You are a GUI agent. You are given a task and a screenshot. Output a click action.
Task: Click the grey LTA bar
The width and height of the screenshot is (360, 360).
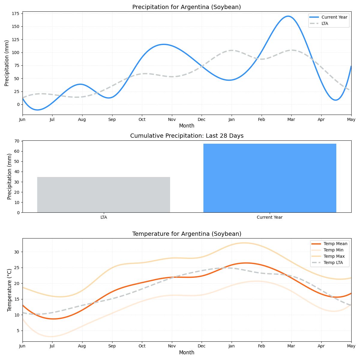tap(103, 195)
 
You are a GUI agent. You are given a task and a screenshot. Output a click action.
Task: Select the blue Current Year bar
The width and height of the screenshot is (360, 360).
tap(270, 178)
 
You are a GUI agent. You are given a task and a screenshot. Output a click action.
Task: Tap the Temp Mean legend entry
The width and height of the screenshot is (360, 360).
tap(335, 244)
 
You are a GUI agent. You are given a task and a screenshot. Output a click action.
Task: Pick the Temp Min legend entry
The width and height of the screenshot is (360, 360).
tap(333, 250)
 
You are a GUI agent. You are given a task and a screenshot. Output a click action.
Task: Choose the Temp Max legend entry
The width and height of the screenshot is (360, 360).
tap(334, 256)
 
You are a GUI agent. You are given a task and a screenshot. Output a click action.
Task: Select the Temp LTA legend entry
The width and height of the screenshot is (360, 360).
tap(333, 262)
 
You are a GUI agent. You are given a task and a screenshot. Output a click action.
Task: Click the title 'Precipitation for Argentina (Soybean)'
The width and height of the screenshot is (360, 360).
tap(187, 7)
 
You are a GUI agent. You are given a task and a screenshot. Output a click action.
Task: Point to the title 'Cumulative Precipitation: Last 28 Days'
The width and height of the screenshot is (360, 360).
tap(187, 136)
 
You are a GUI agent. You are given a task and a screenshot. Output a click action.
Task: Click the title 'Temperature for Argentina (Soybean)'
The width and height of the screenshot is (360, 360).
tap(187, 234)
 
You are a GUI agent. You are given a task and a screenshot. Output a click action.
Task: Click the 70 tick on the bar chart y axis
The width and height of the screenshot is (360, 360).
tap(17, 141)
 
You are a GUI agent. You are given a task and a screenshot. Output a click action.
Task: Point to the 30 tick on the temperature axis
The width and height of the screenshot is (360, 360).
tap(17, 252)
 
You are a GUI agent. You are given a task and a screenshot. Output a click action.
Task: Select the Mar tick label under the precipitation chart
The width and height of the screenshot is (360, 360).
tap(291, 119)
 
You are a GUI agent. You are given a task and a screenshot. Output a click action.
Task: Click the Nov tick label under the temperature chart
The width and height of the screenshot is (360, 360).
tap(172, 346)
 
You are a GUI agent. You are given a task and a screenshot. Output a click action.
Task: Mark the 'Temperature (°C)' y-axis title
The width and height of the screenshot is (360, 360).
tap(9, 290)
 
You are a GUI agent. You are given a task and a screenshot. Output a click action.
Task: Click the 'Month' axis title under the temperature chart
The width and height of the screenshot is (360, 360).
tap(187, 352)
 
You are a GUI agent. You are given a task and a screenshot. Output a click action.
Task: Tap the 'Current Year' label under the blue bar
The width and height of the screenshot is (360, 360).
tap(269, 217)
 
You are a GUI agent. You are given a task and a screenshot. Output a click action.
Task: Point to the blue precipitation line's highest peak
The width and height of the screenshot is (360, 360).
tap(288, 16)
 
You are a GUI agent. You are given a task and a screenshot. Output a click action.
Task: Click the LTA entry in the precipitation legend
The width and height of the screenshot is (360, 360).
tap(325, 23)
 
